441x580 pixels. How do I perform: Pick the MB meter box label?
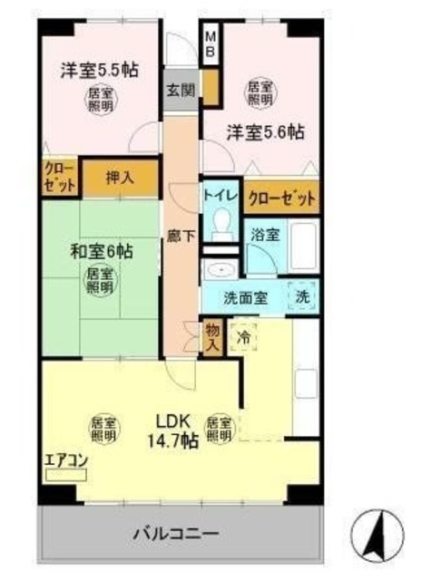pos(211,43)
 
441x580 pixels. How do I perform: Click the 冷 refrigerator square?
pos(244,336)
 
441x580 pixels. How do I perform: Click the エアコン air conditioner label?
pos(65,459)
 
